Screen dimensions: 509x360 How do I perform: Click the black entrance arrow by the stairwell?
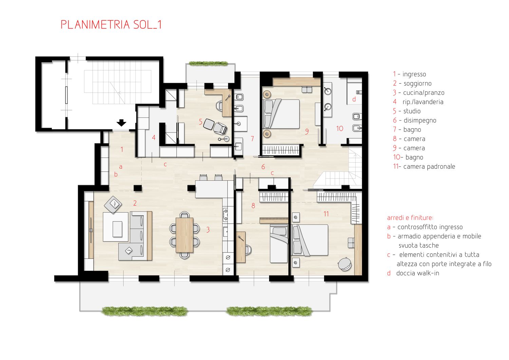click(121, 123)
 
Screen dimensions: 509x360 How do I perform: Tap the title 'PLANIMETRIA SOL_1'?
click(111, 24)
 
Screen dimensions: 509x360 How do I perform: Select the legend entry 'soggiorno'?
click(417, 84)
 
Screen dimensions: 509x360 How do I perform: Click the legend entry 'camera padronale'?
click(429, 166)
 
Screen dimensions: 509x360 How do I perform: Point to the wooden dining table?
click(185, 235)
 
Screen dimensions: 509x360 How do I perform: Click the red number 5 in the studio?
click(201, 122)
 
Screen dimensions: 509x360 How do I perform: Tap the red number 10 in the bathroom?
click(340, 128)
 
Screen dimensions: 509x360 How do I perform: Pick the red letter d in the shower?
click(354, 99)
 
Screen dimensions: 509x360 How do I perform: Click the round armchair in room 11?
click(345, 264)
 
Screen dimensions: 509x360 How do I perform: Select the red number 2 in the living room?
click(135, 203)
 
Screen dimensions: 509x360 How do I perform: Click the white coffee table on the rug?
click(117, 229)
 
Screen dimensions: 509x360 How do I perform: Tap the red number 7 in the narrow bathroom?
click(252, 139)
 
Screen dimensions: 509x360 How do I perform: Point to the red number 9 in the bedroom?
click(307, 131)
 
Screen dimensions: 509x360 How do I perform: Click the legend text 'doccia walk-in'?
click(418, 273)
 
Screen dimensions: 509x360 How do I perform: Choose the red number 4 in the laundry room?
click(154, 137)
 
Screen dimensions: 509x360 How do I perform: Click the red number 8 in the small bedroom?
click(253, 205)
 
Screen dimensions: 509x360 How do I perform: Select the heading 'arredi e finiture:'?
click(410, 218)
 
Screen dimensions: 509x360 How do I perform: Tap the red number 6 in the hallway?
click(263, 167)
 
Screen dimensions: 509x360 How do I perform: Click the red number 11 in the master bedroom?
click(326, 214)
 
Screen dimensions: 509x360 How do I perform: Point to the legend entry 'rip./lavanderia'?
click(423, 102)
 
